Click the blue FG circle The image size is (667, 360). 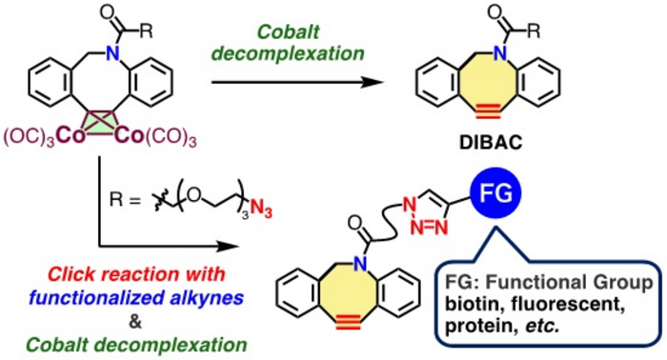tap(495, 193)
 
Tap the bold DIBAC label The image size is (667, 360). tap(491, 143)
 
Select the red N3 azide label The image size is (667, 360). tap(261, 209)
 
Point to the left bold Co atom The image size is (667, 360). tap(71, 136)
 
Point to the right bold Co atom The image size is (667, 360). tap(130, 136)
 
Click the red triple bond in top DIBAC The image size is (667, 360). tap(488, 112)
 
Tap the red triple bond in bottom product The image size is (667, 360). tap(348, 324)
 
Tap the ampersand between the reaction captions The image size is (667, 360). tap(135, 323)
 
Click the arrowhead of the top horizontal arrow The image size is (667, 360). tap(373, 82)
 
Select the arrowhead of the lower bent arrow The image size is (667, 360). tap(227, 246)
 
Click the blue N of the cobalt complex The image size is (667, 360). tap(112, 53)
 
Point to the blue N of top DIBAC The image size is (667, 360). tap(500, 53)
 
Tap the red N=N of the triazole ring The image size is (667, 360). tap(430, 229)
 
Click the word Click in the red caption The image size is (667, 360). tap(71, 274)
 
